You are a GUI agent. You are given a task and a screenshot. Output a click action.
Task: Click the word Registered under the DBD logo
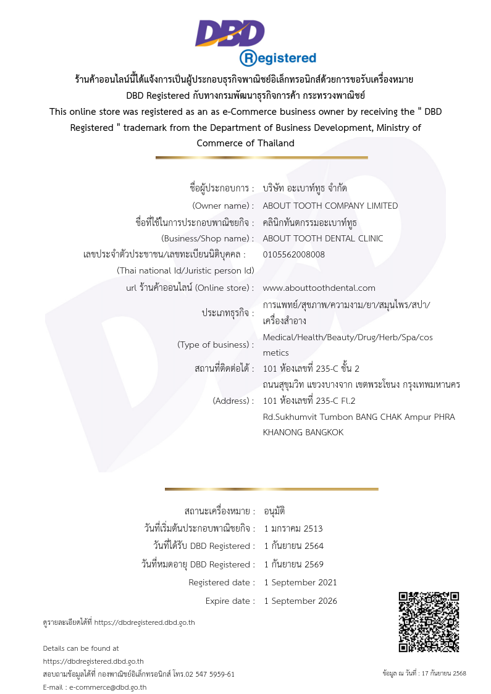click(x=278, y=58)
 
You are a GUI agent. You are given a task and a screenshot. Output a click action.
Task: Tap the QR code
click(x=429, y=622)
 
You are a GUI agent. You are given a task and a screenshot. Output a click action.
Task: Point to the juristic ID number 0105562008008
click(x=294, y=254)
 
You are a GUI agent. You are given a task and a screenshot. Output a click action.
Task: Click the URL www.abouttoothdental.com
click(x=319, y=288)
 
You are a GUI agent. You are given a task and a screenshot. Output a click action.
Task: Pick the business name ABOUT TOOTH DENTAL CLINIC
click(x=323, y=238)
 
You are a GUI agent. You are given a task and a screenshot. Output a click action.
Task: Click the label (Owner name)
click(x=223, y=206)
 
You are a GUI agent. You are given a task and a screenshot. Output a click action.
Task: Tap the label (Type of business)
click(x=216, y=345)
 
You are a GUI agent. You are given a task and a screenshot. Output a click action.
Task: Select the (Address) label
click(x=233, y=401)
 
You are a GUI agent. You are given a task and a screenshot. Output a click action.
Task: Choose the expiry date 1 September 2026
click(x=300, y=601)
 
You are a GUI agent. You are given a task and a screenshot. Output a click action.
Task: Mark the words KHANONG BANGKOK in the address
click(x=303, y=432)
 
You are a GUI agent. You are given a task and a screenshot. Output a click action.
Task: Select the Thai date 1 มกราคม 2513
click(x=293, y=529)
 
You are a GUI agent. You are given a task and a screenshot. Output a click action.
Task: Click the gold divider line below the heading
click(x=261, y=157)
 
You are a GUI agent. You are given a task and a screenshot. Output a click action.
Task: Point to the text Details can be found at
click(x=81, y=648)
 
